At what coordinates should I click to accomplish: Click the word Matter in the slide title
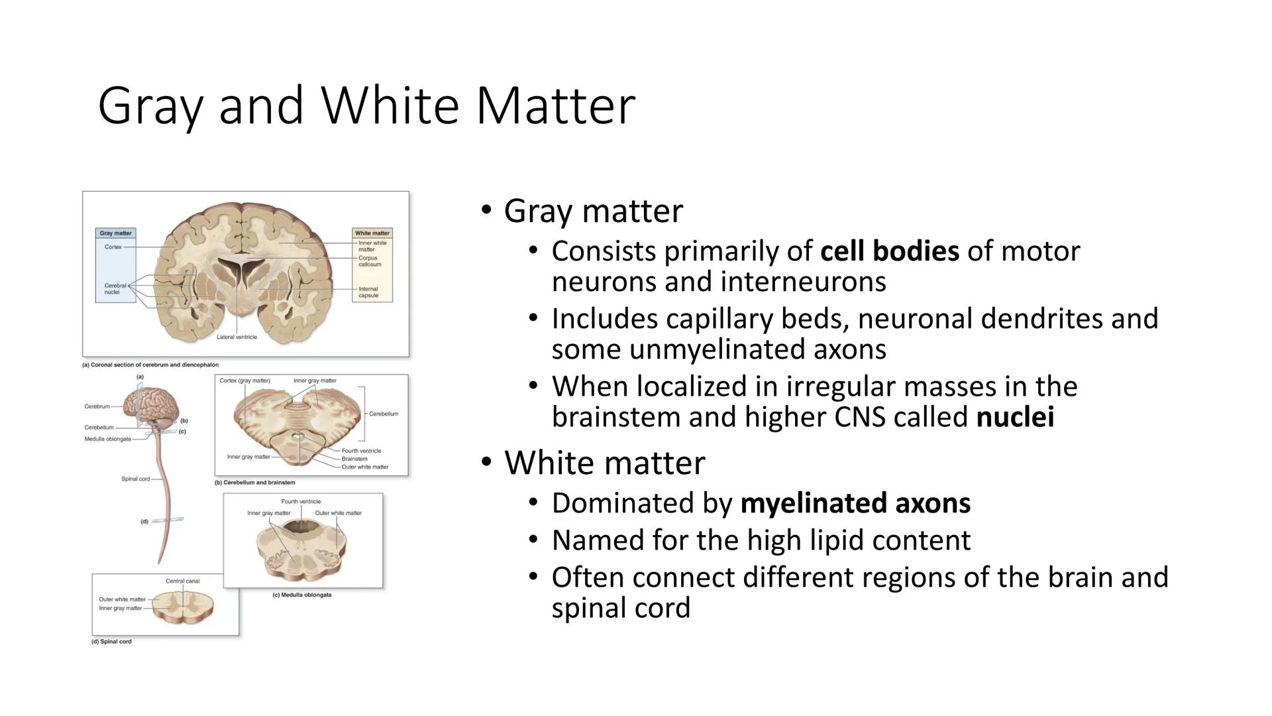tap(556, 105)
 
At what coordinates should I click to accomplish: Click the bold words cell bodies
tap(890, 251)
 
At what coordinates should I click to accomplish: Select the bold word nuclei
tap(1015, 418)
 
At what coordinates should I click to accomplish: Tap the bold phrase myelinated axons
tap(855, 503)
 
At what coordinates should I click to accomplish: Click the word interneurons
tap(803, 282)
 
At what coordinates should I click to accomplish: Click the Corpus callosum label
tap(370, 261)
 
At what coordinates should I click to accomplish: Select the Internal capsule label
tap(369, 292)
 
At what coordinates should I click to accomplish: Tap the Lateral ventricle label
tap(237, 337)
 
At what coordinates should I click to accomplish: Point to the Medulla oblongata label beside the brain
tap(107, 439)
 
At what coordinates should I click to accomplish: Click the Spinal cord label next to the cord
tap(136, 479)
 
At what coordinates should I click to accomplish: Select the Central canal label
tap(182, 581)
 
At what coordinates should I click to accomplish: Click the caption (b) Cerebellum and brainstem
tap(254, 483)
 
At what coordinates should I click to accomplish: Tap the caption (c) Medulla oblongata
tap(302, 595)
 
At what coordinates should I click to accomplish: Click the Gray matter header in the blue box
tap(116, 233)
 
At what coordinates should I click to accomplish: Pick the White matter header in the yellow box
tap(372, 233)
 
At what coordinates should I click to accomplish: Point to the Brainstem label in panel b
tap(354, 459)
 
